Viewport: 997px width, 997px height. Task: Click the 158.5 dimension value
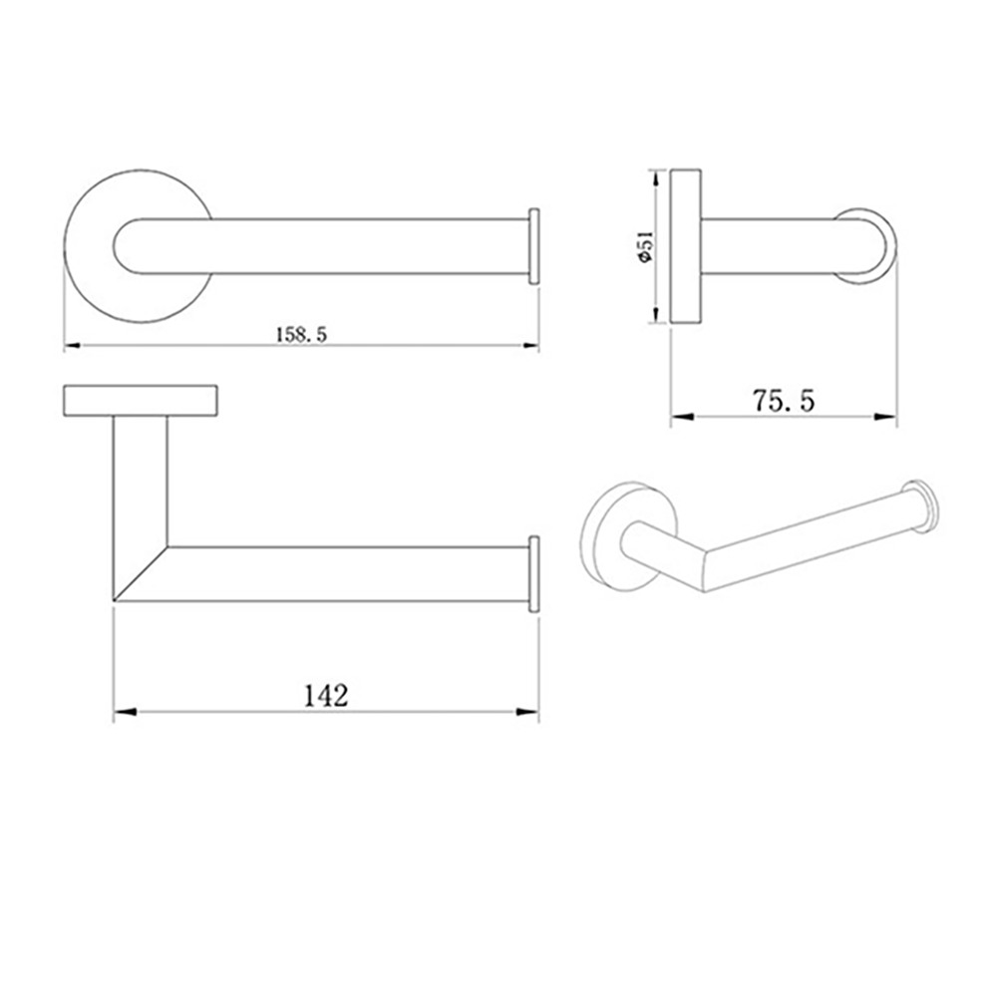(301, 335)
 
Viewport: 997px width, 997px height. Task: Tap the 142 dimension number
(326, 695)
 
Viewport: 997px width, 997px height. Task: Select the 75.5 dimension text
(784, 401)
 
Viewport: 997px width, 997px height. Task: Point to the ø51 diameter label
(646, 245)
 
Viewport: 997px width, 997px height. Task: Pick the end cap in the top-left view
(534, 245)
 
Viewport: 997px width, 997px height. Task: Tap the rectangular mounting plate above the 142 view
(141, 399)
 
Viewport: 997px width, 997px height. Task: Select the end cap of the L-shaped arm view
(534, 573)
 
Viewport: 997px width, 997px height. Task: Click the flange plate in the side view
(686, 245)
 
